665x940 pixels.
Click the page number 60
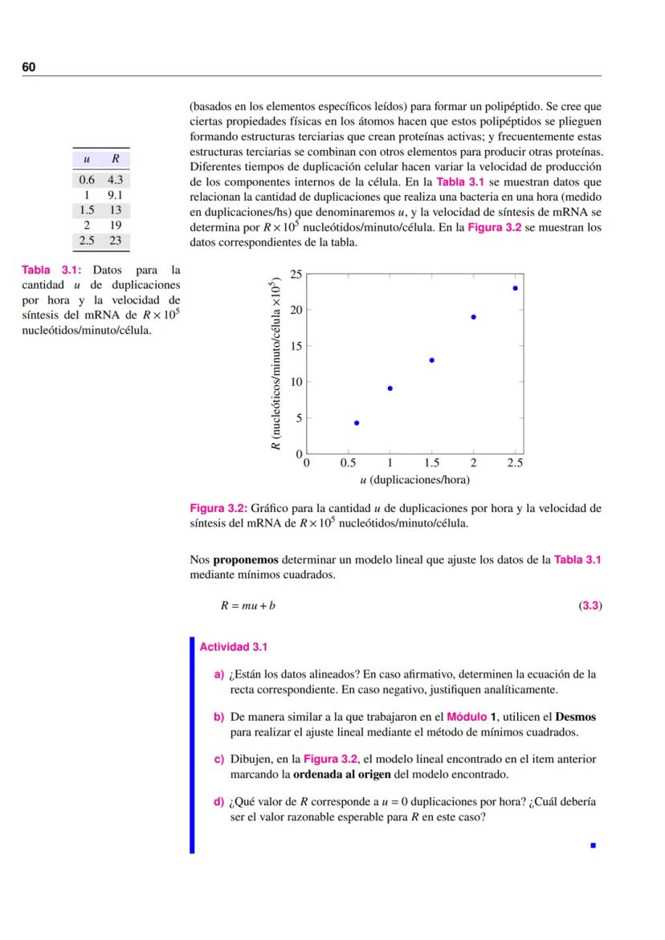pyautogui.click(x=29, y=67)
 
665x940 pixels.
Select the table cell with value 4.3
pyautogui.click(x=115, y=181)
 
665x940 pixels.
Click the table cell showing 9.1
pyautogui.click(x=115, y=195)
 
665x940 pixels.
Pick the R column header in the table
pyautogui.click(x=116, y=160)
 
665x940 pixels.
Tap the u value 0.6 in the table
pyautogui.click(x=86, y=181)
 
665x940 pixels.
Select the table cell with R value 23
pyautogui.click(x=115, y=240)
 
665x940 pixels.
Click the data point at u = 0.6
pyautogui.click(x=357, y=422)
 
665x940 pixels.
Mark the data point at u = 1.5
pyautogui.click(x=432, y=360)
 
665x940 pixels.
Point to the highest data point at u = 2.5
pyautogui.click(x=515, y=287)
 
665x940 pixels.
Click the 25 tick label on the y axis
pyautogui.click(x=296, y=275)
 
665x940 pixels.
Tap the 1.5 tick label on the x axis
pyautogui.click(x=431, y=463)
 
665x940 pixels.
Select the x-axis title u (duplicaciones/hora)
pyautogui.click(x=414, y=480)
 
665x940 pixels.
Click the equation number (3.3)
pyautogui.click(x=590, y=605)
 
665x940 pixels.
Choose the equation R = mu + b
pyautogui.click(x=247, y=605)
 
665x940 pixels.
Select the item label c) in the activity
pyautogui.click(x=218, y=759)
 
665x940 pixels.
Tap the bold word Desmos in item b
pyautogui.click(x=575, y=717)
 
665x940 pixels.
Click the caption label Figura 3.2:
pyautogui.click(x=218, y=508)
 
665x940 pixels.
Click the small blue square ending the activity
pyautogui.click(x=593, y=845)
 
